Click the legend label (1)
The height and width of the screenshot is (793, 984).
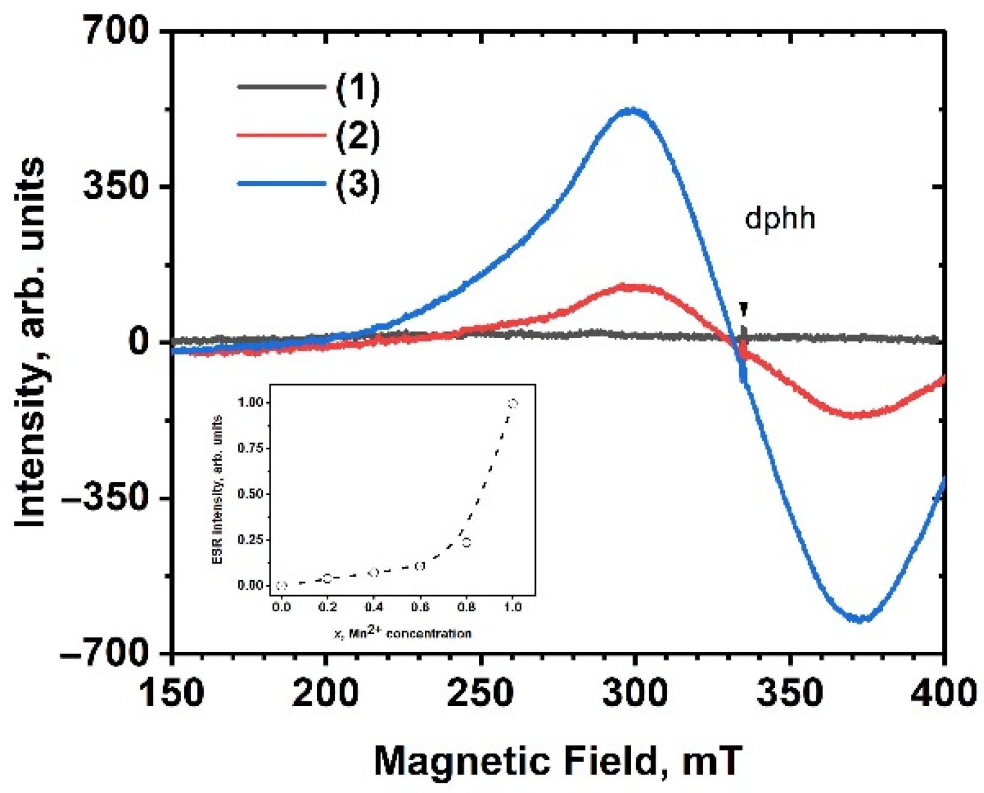[x=358, y=88]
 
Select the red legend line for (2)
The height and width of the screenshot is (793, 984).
[x=281, y=135]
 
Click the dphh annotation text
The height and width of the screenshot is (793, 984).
[x=779, y=218]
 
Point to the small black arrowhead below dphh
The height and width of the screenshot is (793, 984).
[x=744, y=309]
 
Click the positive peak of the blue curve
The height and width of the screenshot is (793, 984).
[x=630, y=111]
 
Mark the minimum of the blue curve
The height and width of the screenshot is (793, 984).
[x=860, y=619]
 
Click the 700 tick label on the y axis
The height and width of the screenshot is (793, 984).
[x=116, y=30]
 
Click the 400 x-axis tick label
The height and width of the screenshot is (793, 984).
[x=943, y=693]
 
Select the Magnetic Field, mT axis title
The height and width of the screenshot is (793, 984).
[x=558, y=761]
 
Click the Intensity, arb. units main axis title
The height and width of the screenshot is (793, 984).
[x=30, y=342]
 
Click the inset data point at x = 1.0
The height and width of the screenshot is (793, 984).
[x=512, y=403]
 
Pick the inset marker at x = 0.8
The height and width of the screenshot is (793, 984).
[x=466, y=542]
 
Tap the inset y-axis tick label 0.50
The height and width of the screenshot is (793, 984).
[x=250, y=494]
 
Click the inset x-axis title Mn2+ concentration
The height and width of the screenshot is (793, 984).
[x=403, y=632]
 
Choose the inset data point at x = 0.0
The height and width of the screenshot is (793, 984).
[x=281, y=586]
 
